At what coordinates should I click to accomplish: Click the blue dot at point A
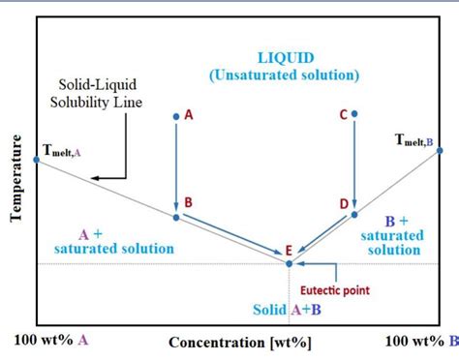(x=175, y=116)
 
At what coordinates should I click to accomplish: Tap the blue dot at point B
(x=175, y=217)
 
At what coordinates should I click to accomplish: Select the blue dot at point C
(x=354, y=114)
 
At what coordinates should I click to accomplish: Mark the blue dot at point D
(x=354, y=214)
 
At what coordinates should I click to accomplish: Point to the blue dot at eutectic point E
(x=290, y=261)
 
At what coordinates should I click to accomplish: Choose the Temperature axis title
(x=15, y=179)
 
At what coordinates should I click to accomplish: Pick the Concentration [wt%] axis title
(x=240, y=342)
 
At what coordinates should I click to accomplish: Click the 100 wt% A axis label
(x=54, y=341)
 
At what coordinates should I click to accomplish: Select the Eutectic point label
(x=334, y=289)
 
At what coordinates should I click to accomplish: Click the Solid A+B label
(x=287, y=310)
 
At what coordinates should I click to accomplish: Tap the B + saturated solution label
(x=391, y=236)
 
